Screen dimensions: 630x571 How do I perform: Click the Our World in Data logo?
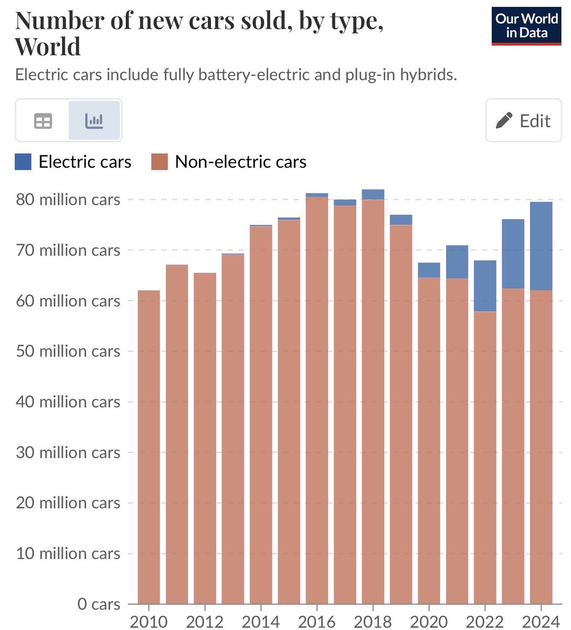coord(526,26)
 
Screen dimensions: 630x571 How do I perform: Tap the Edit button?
coord(523,121)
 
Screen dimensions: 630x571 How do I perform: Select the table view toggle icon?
coord(43,121)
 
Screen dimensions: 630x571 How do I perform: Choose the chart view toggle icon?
coord(94,121)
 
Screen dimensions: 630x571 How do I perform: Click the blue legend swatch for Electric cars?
coord(23,162)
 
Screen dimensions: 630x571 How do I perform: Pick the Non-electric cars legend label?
coord(240,162)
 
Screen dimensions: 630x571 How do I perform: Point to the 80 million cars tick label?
coord(68,200)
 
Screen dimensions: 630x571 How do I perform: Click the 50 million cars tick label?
coord(68,351)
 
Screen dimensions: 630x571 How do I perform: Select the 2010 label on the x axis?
coord(149,622)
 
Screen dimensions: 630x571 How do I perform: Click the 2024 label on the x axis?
coord(541,622)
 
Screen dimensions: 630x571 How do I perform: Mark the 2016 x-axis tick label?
coord(316,622)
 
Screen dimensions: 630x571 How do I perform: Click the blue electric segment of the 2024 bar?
coord(541,246)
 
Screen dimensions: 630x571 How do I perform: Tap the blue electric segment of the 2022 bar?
coord(485,286)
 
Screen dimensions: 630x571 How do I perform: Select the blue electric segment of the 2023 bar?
coord(513,254)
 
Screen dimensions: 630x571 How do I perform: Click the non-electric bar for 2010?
coord(149,446)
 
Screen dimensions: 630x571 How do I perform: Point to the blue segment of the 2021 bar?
coord(457,261)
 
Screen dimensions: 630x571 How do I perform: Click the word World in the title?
coord(48,46)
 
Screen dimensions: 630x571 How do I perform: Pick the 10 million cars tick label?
coord(68,553)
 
